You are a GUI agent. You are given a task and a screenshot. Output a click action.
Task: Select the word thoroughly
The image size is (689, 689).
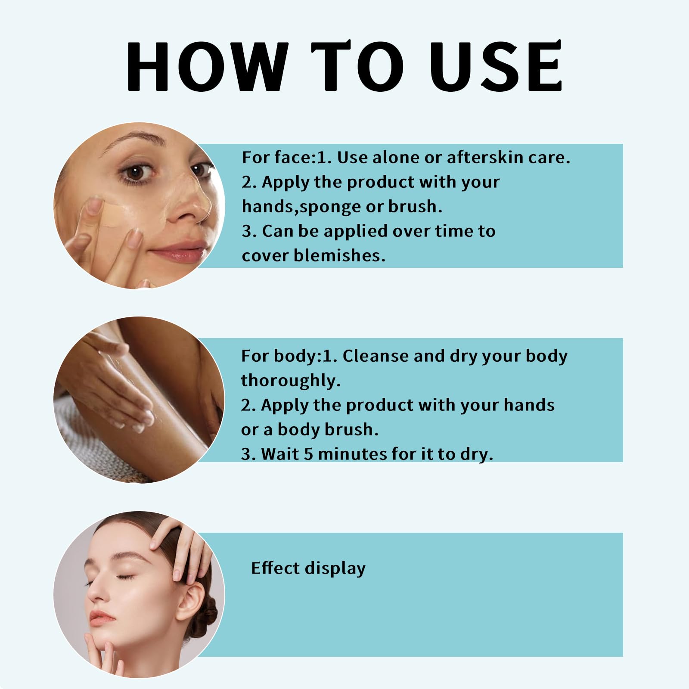coord(291,381)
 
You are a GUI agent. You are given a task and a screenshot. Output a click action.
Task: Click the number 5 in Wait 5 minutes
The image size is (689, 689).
coord(308,454)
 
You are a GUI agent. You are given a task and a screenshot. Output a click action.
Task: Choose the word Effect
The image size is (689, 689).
coord(276,568)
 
